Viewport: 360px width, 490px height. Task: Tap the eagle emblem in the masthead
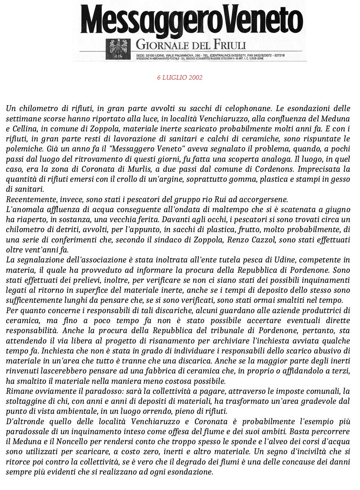[x=118, y=49]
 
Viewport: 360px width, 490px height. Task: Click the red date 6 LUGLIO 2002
[x=179, y=77]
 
